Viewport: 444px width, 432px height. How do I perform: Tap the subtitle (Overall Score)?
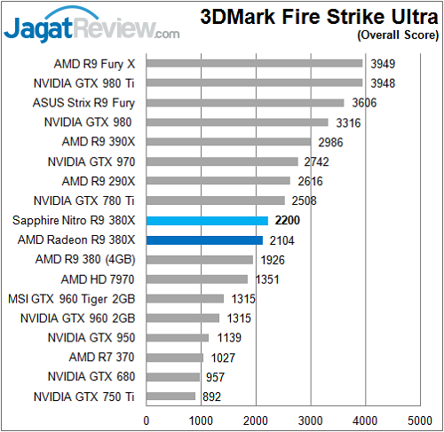(397, 35)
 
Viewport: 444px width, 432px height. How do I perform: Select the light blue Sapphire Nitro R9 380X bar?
(207, 220)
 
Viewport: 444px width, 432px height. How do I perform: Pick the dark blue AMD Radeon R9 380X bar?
(204, 240)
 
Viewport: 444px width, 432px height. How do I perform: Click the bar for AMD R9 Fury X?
(254, 63)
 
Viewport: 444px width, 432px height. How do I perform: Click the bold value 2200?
(289, 220)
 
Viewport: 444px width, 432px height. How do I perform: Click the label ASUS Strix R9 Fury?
(87, 103)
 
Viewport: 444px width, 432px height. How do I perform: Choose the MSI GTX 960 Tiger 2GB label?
(73, 298)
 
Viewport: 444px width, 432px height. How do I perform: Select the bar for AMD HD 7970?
(197, 279)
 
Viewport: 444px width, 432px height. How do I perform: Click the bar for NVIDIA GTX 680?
(172, 377)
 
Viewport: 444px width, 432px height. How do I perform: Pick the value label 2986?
(329, 142)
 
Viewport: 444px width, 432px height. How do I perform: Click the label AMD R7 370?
(106, 357)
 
